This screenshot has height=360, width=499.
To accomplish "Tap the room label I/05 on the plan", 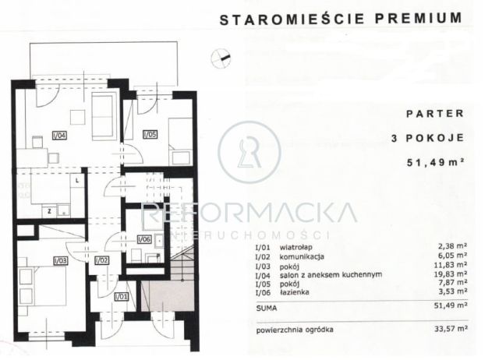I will click(x=150, y=135).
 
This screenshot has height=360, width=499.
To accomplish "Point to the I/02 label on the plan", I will click(x=101, y=259).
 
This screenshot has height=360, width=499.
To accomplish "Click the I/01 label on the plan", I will click(x=121, y=296).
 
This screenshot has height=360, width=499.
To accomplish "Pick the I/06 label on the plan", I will click(x=144, y=239).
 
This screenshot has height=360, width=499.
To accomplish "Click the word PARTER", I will click(x=436, y=113).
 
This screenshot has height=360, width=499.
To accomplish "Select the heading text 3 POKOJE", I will click(x=428, y=138).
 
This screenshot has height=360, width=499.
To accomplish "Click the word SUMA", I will click(x=266, y=306).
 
